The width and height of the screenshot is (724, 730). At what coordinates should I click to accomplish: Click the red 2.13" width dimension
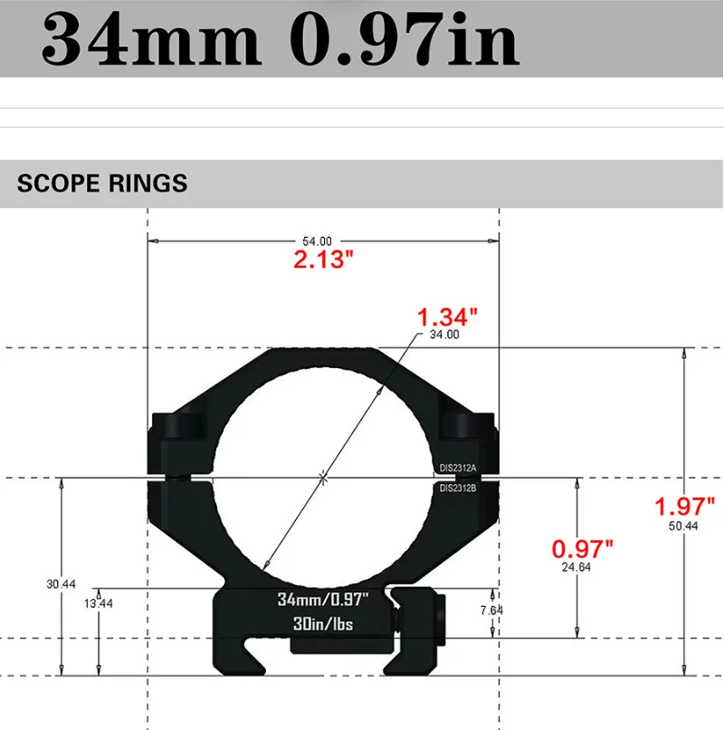point(322,261)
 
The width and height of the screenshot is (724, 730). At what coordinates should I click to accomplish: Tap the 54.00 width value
point(317,242)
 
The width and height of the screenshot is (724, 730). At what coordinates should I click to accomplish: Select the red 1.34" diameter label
point(446,318)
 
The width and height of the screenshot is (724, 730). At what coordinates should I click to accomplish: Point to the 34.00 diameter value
point(445,335)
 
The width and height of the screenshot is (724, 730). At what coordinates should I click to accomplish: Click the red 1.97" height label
point(685,507)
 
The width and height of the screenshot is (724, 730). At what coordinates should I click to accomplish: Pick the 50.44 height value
point(685,526)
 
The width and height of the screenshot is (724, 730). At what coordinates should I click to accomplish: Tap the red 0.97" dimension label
point(583,548)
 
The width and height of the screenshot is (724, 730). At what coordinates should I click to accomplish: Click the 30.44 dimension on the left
point(61,584)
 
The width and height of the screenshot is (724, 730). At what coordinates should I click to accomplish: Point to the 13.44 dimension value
point(100,604)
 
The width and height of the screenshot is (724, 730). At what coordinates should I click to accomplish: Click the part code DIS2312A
point(458,468)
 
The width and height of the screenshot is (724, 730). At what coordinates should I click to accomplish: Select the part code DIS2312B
point(458,488)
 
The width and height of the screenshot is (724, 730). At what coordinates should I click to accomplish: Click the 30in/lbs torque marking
point(323,624)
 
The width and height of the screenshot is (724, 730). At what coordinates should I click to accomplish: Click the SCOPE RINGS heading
point(102,184)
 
